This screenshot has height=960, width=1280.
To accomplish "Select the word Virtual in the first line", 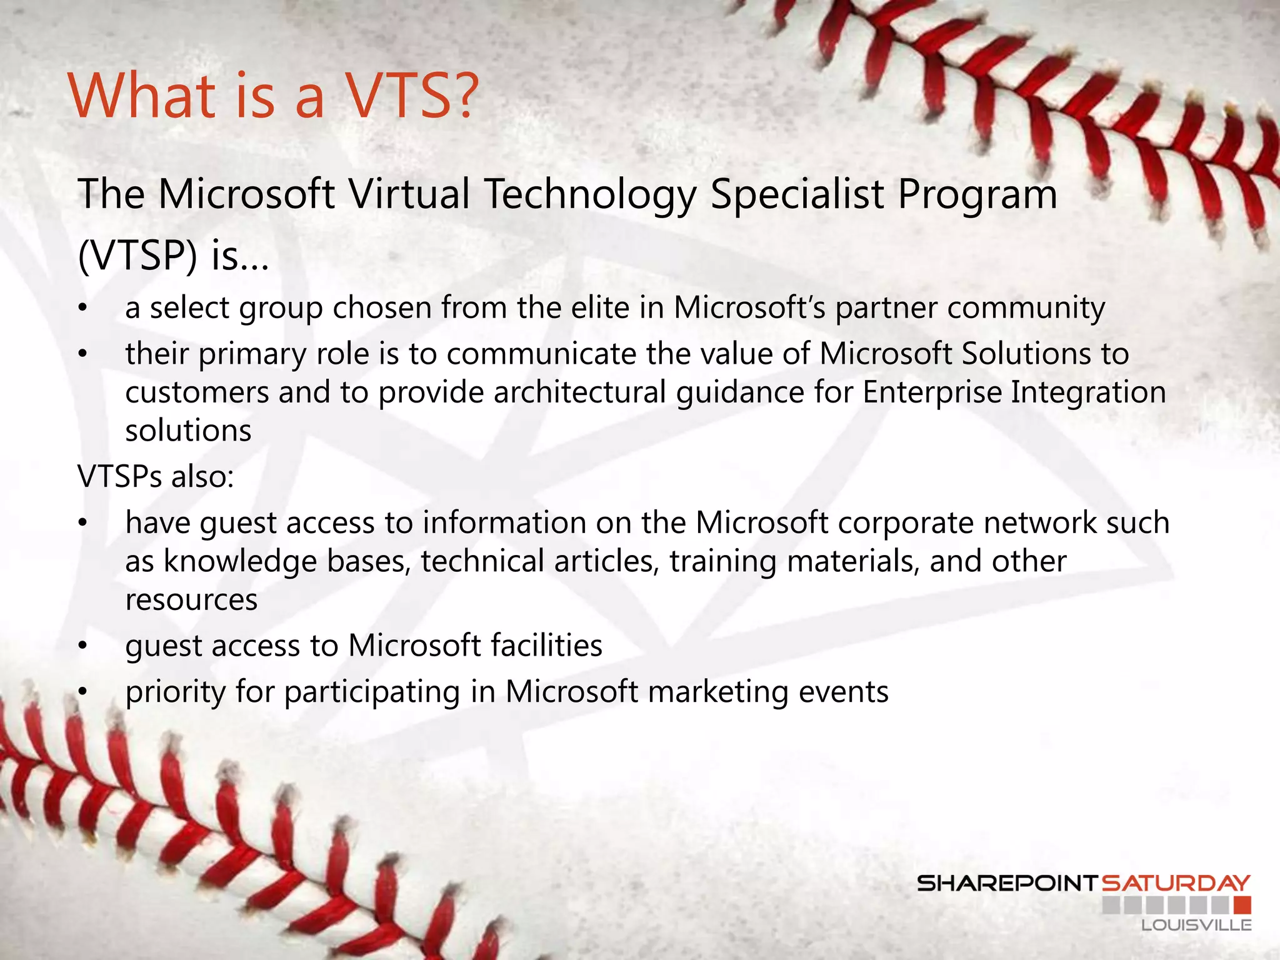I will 409,194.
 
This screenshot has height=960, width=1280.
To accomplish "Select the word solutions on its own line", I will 188,431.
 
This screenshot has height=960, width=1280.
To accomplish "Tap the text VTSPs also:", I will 156,476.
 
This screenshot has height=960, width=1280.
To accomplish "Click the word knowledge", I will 240,561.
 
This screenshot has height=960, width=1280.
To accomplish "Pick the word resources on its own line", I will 191,600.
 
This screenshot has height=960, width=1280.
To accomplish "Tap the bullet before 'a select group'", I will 82,309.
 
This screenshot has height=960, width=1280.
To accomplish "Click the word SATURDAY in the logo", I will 1176,883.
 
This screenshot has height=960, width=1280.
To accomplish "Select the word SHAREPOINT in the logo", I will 1007,883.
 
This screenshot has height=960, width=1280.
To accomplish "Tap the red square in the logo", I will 1242,904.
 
